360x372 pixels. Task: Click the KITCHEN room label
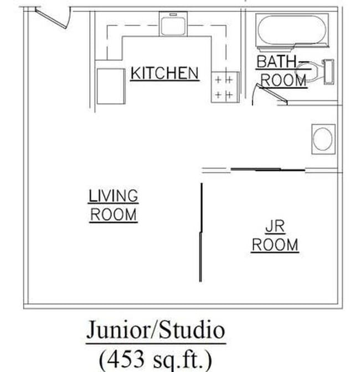[x=164, y=73]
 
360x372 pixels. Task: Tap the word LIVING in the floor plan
[x=114, y=196]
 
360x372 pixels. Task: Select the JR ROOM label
[x=275, y=236]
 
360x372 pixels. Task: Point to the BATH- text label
[x=282, y=61]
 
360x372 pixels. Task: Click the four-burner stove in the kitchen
[x=224, y=87]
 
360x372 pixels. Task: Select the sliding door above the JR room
[x=268, y=169]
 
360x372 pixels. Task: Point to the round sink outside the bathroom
[x=323, y=139]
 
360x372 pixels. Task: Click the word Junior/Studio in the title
[x=156, y=331]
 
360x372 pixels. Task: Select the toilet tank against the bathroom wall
[x=329, y=72]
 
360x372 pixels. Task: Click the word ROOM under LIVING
[x=114, y=215]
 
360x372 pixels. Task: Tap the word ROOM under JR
[x=275, y=245]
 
